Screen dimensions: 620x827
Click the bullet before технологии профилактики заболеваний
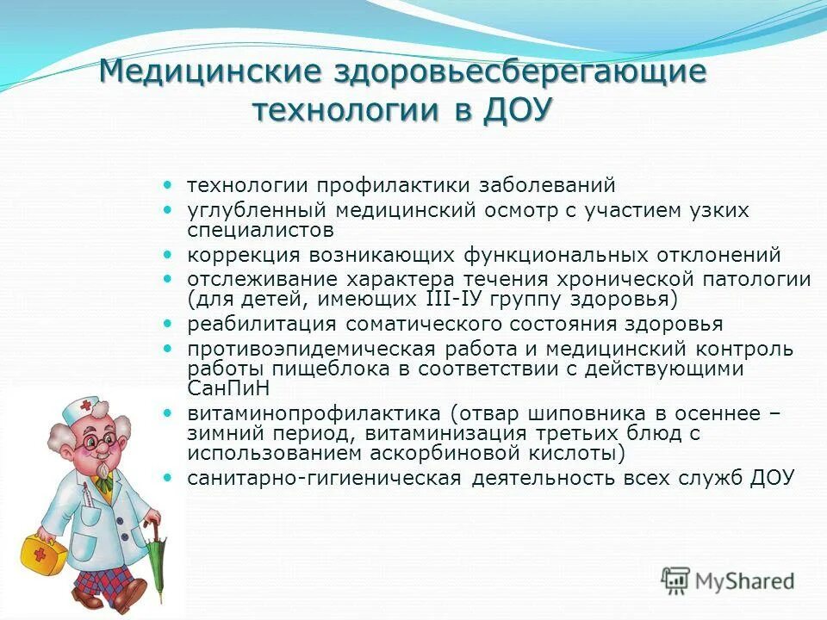[169, 184]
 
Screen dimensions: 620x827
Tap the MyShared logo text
[744, 581]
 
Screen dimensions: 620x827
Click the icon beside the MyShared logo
[676, 580]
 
